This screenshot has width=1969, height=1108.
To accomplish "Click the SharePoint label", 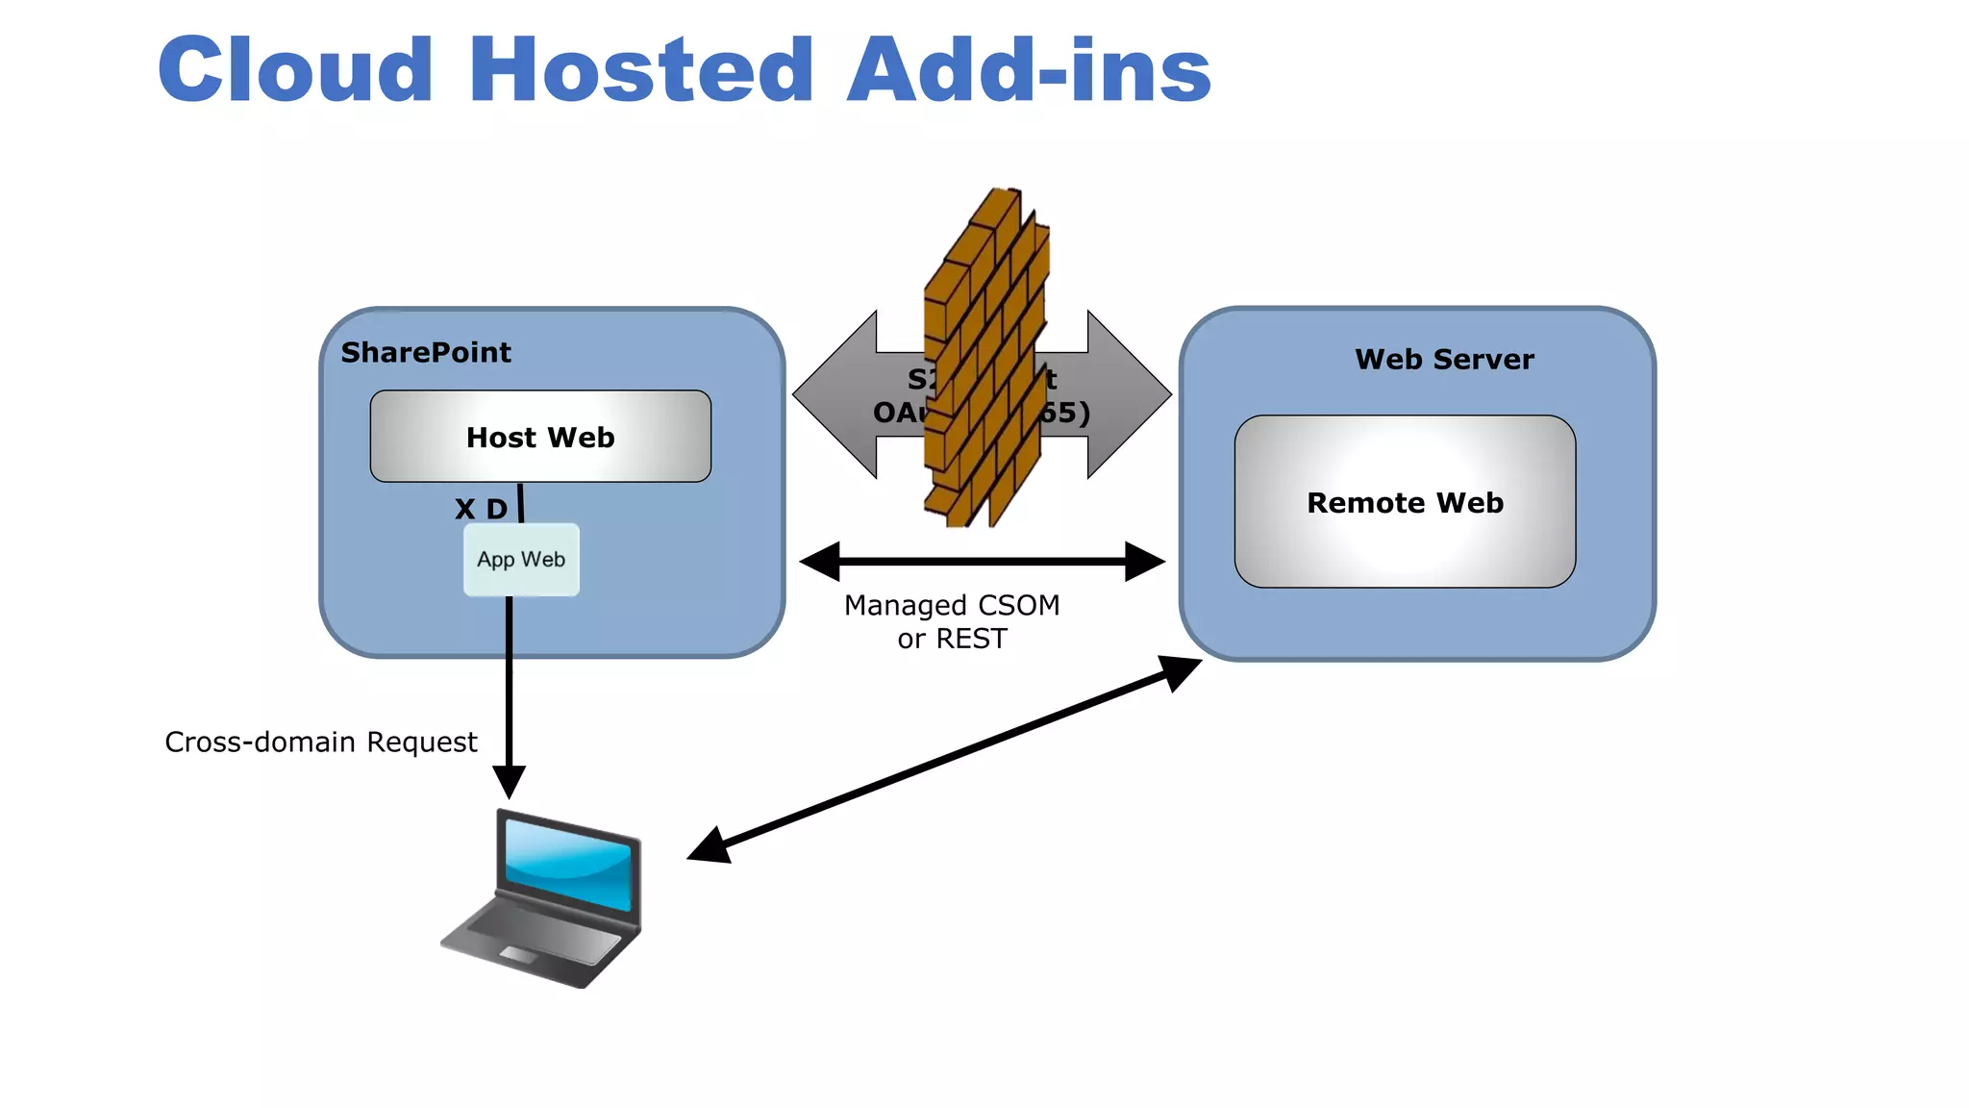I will (426, 353).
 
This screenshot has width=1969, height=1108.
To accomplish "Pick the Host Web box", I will (540, 437).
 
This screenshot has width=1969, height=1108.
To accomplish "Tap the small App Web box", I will (521, 560).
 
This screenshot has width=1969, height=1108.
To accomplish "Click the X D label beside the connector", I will (481, 509).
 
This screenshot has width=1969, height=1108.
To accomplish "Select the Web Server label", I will (1444, 360).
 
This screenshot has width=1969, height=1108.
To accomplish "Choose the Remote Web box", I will (1405, 502).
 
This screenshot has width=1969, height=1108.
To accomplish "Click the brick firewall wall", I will (985, 356).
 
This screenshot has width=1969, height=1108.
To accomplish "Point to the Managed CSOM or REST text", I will (952, 621).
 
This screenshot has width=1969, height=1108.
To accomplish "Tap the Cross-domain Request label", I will (320, 743).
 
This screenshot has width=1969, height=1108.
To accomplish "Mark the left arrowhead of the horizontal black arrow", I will (819, 561).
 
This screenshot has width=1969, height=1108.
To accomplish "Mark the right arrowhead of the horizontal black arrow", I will (1146, 561).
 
